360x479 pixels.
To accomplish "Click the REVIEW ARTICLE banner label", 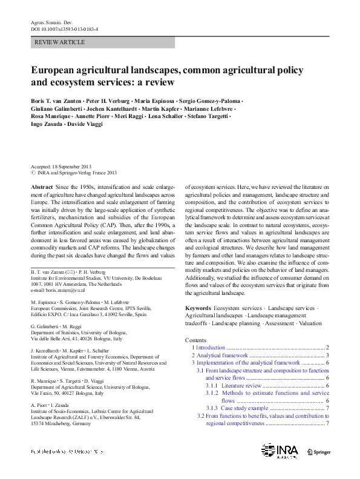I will coord(60,43).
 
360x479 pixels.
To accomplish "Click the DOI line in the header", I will coord(65,28).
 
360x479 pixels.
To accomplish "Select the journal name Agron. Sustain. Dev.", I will coord(51,22).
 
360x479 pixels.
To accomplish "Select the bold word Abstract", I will coord(42,188).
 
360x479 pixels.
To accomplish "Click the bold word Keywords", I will coord(198,308).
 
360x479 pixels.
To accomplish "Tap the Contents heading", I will coord(196,340).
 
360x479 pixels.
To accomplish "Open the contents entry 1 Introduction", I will coord(208,348).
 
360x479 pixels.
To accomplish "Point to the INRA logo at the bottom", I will coord(280,451).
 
